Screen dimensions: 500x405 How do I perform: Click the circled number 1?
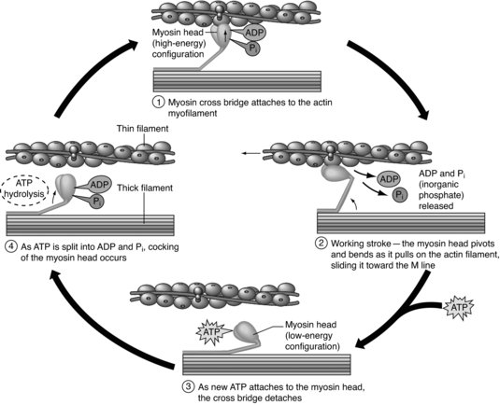[x=158, y=103]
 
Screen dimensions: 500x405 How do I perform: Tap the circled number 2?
[x=321, y=244]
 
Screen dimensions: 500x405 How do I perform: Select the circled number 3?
[x=188, y=387]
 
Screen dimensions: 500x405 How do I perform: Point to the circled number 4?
[x=11, y=246]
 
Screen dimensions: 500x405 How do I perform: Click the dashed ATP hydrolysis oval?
[x=24, y=190]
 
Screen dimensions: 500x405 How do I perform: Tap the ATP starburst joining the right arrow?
[x=459, y=308]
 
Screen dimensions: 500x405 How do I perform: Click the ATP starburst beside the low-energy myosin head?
[x=213, y=332]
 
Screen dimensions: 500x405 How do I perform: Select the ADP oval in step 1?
[x=255, y=33]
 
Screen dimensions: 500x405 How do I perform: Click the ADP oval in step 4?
[x=100, y=185]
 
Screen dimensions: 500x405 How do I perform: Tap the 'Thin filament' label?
[x=142, y=129]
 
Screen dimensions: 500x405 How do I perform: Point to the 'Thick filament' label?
[x=145, y=188]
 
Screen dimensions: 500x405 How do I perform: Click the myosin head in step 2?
[x=335, y=174]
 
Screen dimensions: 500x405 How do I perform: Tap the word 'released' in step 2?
[x=436, y=206]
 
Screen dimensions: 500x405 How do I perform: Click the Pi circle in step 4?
[x=96, y=202]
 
